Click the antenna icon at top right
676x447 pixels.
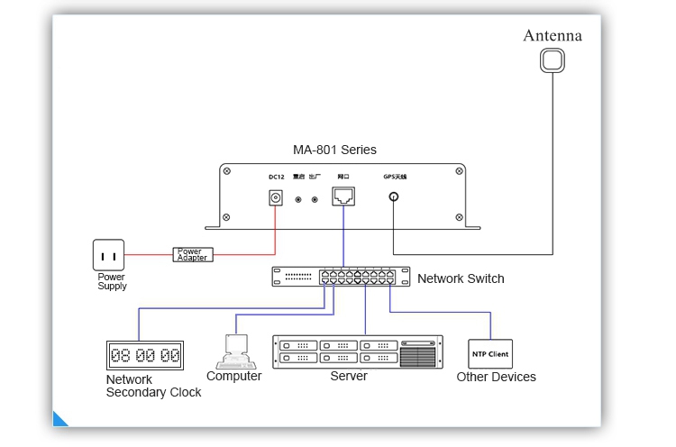click(x=553, y=60)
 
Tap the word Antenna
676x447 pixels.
click(x=553, y=36)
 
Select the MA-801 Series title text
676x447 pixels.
click(x=335, y=150)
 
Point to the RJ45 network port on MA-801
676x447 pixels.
click(x=343, y=196)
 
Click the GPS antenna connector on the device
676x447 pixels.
click(x=394, y=199)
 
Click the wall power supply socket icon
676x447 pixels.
click(x=109, y=254)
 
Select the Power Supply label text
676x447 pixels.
click(x=112, y=282)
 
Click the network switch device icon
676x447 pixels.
click(x=341, y=278)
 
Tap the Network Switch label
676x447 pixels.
click(x=461, y=278)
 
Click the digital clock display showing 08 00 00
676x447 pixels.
click(x=144, y=354)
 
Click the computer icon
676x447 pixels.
click(x=233, y=352)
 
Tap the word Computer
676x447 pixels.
click(x=233, y=376)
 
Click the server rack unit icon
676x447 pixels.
click(x=358, y=351)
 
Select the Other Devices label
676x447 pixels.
click(x=496, y=377)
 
